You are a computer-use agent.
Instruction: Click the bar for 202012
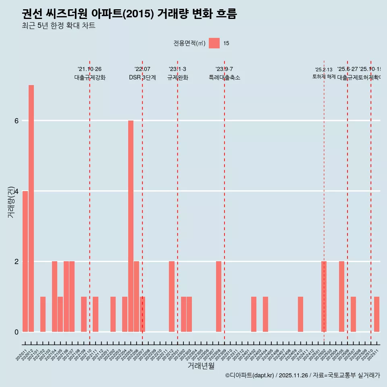point(31,208)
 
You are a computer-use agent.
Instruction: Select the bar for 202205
point(131,226)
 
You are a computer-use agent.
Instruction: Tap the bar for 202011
point(25,261)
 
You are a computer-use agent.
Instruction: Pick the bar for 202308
point(218,296)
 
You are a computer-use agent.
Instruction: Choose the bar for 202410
point(300,314)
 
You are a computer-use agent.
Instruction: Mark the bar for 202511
point(377,314)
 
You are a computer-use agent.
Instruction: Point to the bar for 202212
point(172,296)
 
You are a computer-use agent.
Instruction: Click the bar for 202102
point(43,314)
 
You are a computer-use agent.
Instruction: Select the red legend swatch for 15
point(214,43)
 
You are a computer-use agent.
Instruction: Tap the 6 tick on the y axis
point(17,121)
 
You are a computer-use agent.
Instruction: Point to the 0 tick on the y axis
point(17,332)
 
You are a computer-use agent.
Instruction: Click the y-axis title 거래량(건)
point(11,202)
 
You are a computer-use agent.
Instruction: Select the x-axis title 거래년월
point(201,366)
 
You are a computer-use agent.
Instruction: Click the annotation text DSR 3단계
point(142,77)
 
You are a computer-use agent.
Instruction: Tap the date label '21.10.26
point(89,69)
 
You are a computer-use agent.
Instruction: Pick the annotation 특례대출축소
point(224,77)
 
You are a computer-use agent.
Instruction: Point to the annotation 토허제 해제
point(324,77)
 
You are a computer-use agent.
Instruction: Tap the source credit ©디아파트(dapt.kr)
point(250,375)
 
